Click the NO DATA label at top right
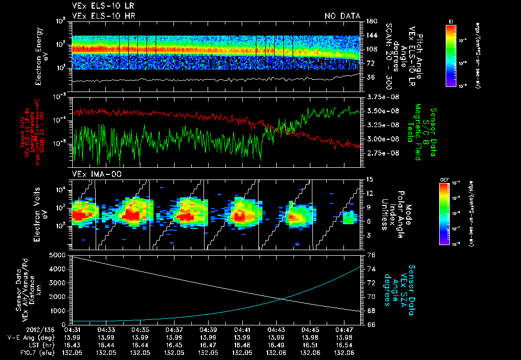pos(342,16)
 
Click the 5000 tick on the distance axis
pos(60,254)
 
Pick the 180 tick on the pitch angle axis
pos(371,21)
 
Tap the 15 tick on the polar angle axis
pos(369,179)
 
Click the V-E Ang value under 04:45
pos(311,337)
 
